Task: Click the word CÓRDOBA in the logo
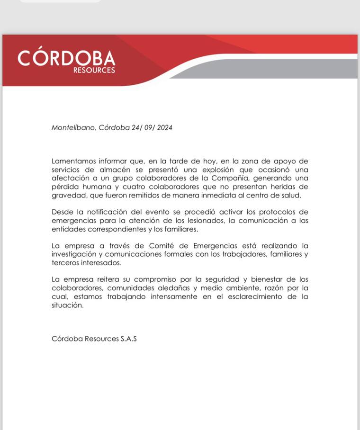(66, 58)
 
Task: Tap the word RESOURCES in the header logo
(94, 71)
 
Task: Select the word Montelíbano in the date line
(73, 127)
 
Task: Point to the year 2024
(164, 127)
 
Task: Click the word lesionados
(195, 221)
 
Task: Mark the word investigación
(76, 254)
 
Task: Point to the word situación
(68, 305)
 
